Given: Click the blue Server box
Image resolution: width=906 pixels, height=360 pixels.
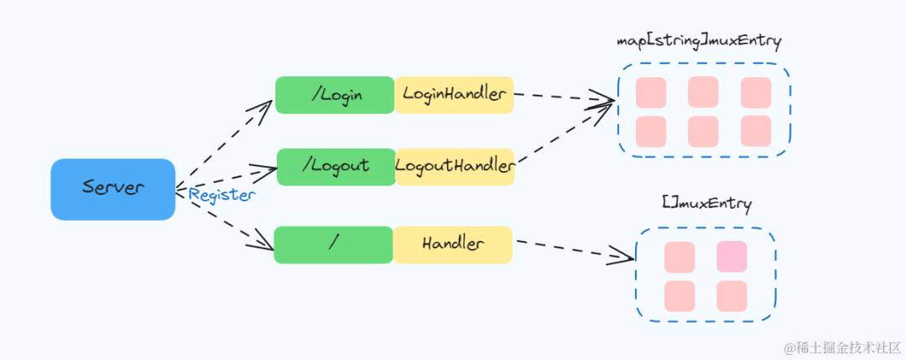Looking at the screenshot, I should (x=112, y=189).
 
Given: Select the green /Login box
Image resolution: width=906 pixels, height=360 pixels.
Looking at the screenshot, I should (x=335, y=95).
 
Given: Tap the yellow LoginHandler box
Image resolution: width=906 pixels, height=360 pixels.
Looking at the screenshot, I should (x=454, y=95).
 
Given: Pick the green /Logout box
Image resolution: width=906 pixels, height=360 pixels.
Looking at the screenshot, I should (x=336, y=166).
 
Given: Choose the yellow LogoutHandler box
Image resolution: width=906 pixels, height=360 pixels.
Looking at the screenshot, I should (x=455, y=166).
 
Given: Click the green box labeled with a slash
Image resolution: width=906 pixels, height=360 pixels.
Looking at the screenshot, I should (x=333, y=244).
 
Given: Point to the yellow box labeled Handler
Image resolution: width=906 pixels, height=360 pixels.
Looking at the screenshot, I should (x=453, y=244).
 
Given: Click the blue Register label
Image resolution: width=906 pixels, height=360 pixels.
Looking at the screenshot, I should (x=221, y=195).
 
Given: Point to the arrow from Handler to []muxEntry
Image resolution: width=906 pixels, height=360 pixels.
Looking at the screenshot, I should (x=574, y=248).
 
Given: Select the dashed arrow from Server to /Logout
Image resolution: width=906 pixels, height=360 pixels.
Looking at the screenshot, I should (x=226, y=179).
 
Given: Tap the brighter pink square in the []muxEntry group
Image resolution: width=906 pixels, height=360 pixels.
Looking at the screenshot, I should (x=732, y=257).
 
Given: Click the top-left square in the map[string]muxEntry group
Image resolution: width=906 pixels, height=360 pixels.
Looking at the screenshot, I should (x=651, y=92).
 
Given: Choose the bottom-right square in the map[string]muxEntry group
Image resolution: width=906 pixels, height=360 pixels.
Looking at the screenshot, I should (x=756, y=131).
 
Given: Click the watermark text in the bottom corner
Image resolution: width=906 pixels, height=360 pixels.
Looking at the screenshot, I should (x=842, y=347).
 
